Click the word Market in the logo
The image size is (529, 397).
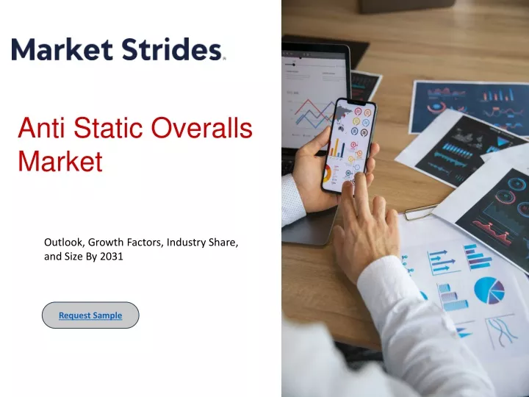click(62, 49)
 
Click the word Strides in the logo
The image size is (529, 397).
click(171, 49)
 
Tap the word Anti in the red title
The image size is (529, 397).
click(41, 128)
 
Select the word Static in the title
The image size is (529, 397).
click(108, 128)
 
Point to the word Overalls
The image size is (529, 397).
click(202, 128)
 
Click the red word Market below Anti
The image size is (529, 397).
click(60, 161)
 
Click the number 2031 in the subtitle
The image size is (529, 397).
click(112, 257)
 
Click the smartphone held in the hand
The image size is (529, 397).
click(348, 146)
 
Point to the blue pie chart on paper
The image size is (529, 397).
click(489, 290)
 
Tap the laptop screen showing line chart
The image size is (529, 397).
click(314, 98)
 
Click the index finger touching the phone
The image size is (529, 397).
click(361, 193)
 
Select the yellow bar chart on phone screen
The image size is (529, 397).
click(337, 148)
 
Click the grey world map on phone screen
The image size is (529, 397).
click(343, 113)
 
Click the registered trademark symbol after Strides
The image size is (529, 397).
click(224, 58)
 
